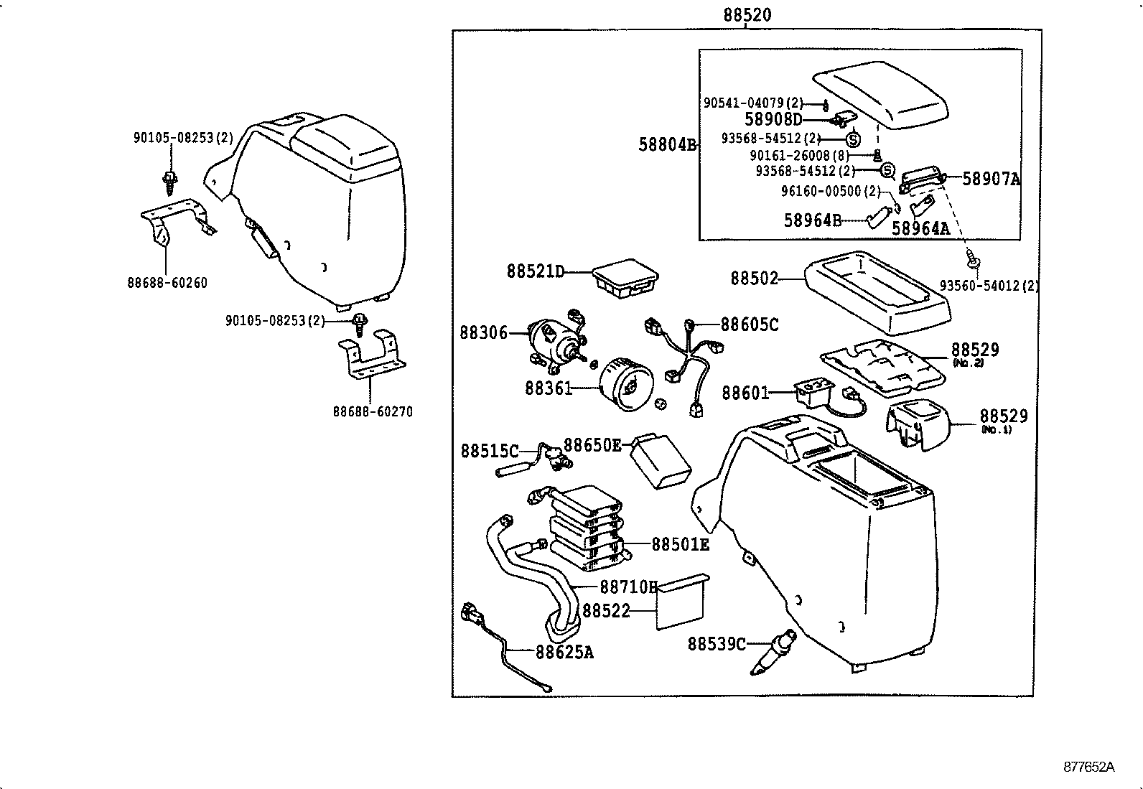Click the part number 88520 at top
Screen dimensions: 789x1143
pos(747,15)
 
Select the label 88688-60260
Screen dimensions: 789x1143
pos(167,283)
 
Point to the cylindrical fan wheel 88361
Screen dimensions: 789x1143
pos(626,388)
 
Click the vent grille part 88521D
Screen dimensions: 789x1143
pos(626,279)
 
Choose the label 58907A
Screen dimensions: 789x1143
pos(991,179)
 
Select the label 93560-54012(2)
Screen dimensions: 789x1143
pos(989,286)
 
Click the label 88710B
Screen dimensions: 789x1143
pos(628,587)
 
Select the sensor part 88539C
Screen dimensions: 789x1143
pos(773,652)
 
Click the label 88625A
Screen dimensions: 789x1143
pos(564,652)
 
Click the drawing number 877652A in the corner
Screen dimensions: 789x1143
pos(1088,766)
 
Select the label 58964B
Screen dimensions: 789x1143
pos(812,220)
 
